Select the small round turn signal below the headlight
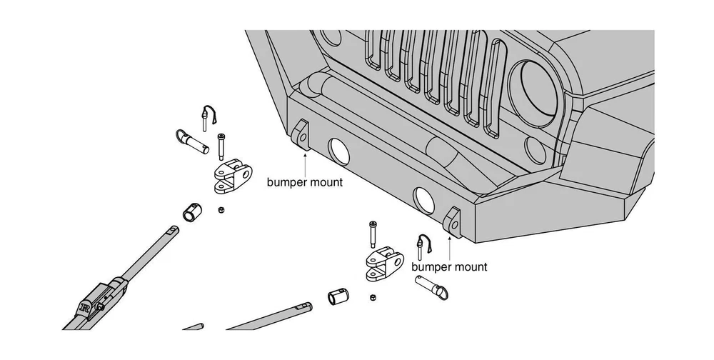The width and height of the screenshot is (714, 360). (x=535, y=149)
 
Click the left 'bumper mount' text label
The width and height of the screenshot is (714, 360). (x=305, y=182)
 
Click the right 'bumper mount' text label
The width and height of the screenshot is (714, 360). (x=450, y=267)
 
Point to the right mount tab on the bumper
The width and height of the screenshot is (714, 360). (x=453, y=220)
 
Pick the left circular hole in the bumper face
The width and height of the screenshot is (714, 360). (x=336, y=151)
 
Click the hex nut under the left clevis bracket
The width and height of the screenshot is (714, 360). (x=221, y=210)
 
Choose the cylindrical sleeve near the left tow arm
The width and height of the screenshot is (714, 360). (x=192, y=212)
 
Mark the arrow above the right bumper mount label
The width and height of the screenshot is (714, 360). (x=450, y=246)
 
